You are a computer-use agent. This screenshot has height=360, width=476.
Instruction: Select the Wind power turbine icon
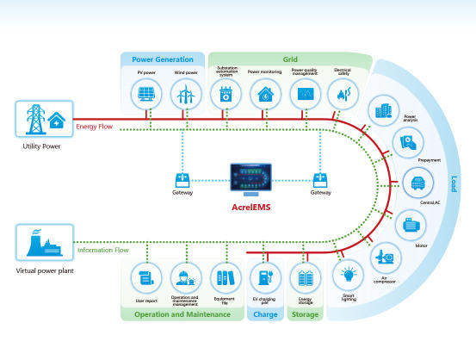click(x=185, y=95)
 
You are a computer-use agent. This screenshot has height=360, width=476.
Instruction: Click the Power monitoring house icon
click(x=264, y=96)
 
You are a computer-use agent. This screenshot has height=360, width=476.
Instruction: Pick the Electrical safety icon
click(x=342, y=96)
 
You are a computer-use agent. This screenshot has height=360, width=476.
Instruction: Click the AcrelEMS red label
click(x=250, y=208)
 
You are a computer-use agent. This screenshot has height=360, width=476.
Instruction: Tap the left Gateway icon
click(x=183, y=180)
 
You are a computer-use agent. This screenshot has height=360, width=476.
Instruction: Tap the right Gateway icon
click(x=320, y=180)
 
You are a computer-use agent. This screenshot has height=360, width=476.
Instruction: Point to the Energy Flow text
click(x=96, y=127)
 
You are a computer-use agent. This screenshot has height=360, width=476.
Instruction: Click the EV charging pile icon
click(x=264, y=278)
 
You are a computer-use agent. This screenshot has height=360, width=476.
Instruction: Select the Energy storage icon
click(x=305, y=278)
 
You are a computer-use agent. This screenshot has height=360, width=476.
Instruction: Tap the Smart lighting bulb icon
click(x=347, y=275)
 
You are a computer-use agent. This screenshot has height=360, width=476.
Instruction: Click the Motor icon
click(x=410, y=224)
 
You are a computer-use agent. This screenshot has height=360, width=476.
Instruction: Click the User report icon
click(x=145, y=278)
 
